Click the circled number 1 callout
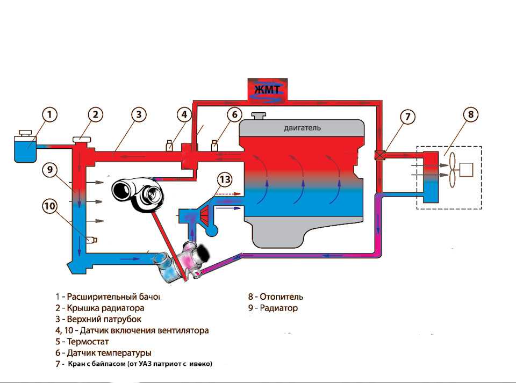49,115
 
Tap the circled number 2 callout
96,114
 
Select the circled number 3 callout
139,114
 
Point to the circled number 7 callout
408,117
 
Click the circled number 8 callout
471,114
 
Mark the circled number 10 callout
49,206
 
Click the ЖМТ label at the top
267,89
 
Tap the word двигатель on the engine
302,128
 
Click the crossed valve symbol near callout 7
380,155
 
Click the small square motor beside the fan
466,170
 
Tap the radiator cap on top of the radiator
81,139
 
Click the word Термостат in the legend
88,342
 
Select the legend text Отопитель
281,297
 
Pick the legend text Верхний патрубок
104,319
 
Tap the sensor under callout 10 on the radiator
91,240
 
